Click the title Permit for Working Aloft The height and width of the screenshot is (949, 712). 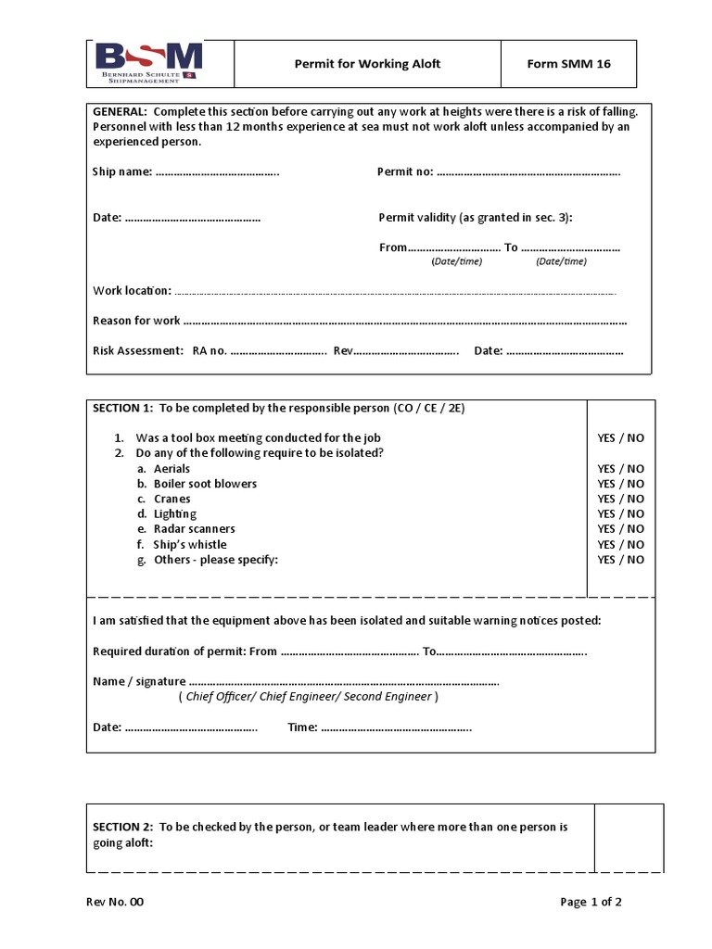[x=367, y=64]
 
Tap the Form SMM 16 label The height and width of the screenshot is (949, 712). [x=568, y=64]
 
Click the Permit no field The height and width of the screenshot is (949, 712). [x=528, y=172]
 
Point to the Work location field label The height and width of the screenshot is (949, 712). [x=132, y=291]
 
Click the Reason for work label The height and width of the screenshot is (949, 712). [x=136, y=321]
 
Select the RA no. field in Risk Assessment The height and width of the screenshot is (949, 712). [x=278, y=351]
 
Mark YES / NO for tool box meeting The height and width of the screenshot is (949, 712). [x=620, y=437]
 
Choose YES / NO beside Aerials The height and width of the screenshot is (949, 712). [x=620, y=469]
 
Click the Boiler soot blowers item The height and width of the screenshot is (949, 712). [x=205, y=484]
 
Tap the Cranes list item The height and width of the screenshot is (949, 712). [x=172, y=499]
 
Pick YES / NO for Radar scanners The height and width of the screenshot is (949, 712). [x=620, y=529]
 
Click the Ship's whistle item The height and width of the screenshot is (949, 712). [x=189, y=544]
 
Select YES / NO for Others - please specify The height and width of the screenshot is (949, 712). [x=620, y=560]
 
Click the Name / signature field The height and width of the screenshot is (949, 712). [x=343, y=681]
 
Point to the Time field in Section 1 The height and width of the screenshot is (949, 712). [x=395, y=728]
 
